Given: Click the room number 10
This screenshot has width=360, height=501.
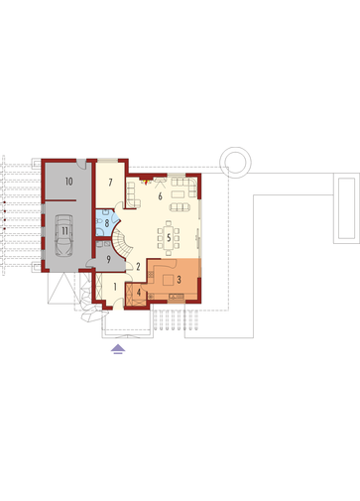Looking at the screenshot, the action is pyautogui.click(x=69, y=182).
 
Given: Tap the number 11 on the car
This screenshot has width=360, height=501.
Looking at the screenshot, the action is pyautogui.click(x=64, y=230).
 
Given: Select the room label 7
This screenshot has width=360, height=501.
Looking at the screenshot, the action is pyautogui.click(x=110, y=182).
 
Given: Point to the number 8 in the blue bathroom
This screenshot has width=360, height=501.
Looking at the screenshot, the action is pyautogui.click(x=107, y=223).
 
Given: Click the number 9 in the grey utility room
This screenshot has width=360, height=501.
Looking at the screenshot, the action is pyautogui.click(x=108, y=259).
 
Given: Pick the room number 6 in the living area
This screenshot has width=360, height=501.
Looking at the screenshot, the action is pyautogui.click(x=160, y=196).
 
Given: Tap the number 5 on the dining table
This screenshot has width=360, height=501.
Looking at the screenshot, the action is pyautogui.click(x=169, y=237).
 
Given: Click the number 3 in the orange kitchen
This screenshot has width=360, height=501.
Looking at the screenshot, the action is pyautogui.click(x=179, y=280).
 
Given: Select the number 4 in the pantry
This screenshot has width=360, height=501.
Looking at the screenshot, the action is pyautogui.click(x=139, y=293).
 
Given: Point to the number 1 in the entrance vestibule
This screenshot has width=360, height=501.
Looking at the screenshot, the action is pyautogui.click(x=115, y=287).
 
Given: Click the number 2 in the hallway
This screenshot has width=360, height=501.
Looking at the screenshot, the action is pyautogui.click(x=138, y=267).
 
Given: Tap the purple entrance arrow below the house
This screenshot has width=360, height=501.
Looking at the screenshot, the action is pyautogui.click(x=118, y=349).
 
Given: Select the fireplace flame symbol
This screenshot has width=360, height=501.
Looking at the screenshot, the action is pyautogui.click(x=145, y=181).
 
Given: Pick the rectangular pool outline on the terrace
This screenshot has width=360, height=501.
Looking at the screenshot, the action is pyautogui.click(x=346, y=208).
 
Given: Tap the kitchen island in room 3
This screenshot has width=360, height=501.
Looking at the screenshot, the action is pyautogui.click(x=168, y=281).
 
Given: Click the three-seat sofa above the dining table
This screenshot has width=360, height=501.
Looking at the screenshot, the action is pyautogui.click(x=180, y=207).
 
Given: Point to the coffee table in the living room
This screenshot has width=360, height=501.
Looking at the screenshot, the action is pyautogui.click(x=178, y=194).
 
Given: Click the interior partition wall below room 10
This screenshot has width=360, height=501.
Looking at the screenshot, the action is pyautogui.click(x=60, y=200).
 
